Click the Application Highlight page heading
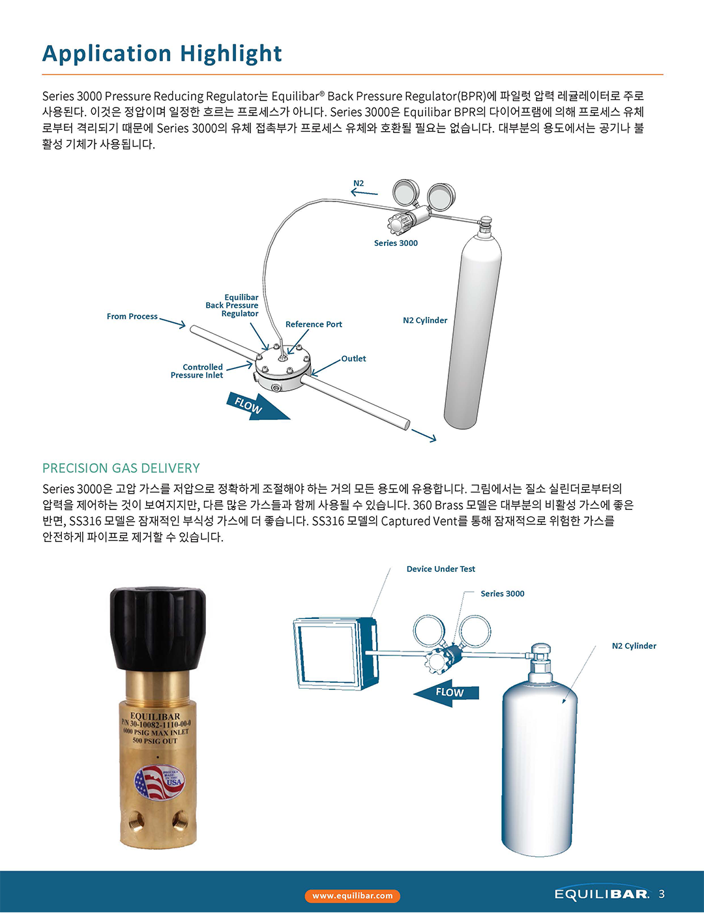(x=162, y=54)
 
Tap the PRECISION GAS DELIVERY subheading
(x=121, y=468)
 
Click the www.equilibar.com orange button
(x=352, y=895)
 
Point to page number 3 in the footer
(x=662, y=893)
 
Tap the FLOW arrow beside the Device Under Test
(x=446, y=693)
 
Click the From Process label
(x=132, y=316)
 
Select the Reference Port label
(x=314, y=324)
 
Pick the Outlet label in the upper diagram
(x=353, y=359)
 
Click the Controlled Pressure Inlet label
(x=197, y=371)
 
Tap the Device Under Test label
(x=441, y=569)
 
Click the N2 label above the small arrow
(x=359, y=183)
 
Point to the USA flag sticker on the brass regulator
(x=159, y=782)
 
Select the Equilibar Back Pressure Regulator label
(x=232, y=305)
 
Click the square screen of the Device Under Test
(x=328, y=652)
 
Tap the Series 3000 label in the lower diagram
(x=503, y=593)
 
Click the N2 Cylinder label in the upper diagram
(x=425, y=320)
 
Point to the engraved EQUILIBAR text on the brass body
(x=155, y=716)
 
